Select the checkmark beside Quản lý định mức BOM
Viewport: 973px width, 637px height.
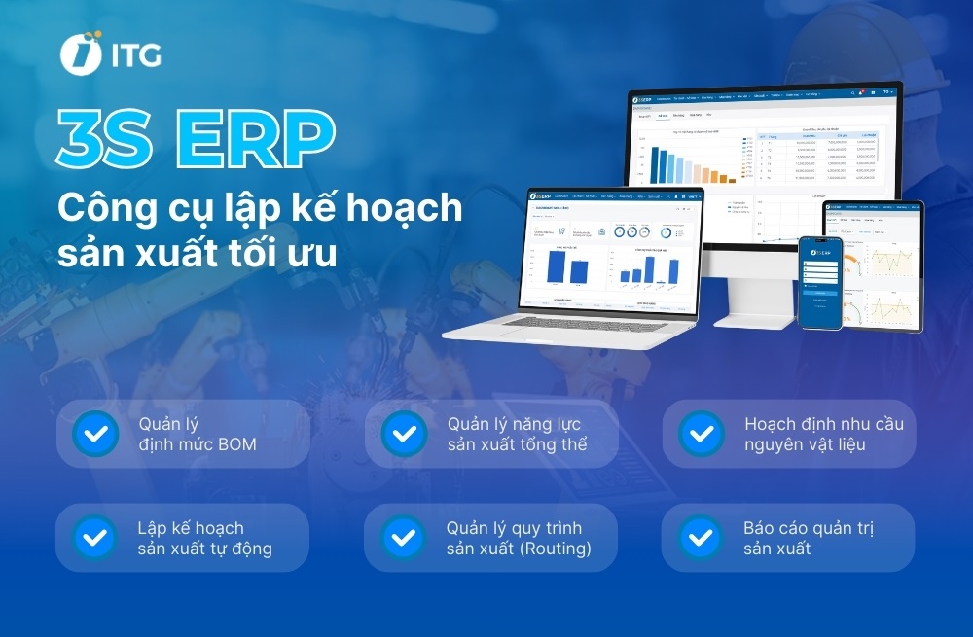point(96,434)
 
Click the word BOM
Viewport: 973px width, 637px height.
point(238,445)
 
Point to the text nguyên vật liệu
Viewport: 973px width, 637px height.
point(805,445)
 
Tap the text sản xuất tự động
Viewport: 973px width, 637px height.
point(204,549)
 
